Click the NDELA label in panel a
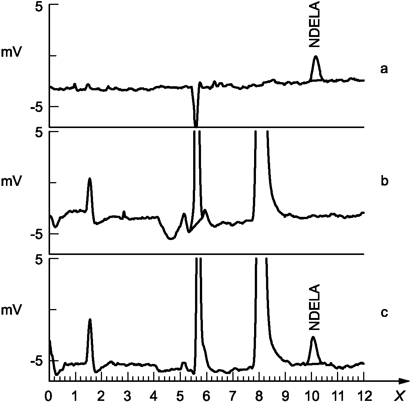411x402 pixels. (x=315, y=24)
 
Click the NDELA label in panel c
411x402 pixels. (x=315, y=307)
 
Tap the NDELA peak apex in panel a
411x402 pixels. (x=316, y=56)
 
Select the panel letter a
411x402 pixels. (x=384, y=69)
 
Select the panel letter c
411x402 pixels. (x=384, y=312)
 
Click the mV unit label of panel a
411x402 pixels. (x=11, y=52)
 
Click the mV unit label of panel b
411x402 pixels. (x=11, y=181)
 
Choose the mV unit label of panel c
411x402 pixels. (x=11, y=310)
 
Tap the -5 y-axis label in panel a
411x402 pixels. (x=37, y=107)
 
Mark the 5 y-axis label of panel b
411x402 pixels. (x=39, y=133)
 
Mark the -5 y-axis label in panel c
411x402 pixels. (x=37, y=361)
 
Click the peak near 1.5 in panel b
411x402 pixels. (x=90, y=178)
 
